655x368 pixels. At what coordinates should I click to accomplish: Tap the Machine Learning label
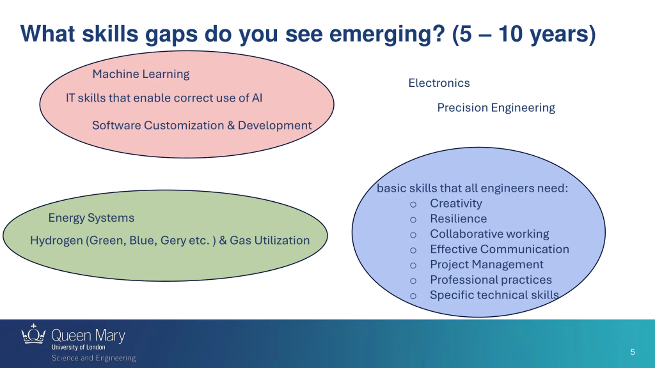point(141,74)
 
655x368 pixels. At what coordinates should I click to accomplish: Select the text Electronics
point(439,83)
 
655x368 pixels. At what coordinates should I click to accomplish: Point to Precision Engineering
point(496,108)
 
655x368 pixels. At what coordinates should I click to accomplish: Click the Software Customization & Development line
point(202,125)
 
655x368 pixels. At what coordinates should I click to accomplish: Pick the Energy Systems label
point(91,218)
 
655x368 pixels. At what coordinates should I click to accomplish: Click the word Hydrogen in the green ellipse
point(56,240)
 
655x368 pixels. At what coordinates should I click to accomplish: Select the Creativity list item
point(456,203)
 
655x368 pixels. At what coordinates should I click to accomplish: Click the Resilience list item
point(458,219)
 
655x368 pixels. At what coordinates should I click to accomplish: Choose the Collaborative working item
point(489,234)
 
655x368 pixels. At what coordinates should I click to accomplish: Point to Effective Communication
point(499,249)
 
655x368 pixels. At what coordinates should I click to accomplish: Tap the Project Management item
point(486,264)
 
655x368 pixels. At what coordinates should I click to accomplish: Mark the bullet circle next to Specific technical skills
point(413,296)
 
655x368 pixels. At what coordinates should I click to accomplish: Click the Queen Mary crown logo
point(33,334)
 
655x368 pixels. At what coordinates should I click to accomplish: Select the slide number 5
point(632,352)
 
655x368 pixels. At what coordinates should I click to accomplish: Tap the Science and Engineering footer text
point(94,358)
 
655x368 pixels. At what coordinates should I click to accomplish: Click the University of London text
point(78,347)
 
